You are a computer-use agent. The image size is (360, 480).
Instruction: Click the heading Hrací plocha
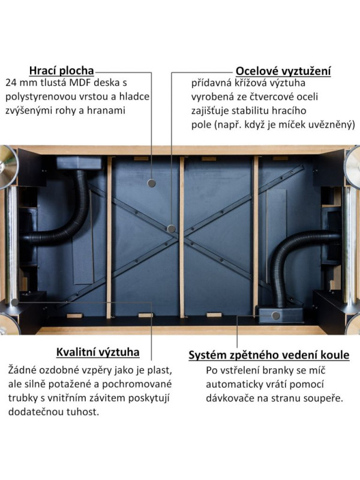(x=62, y=70)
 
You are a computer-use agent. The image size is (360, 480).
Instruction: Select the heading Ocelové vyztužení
(x=283, y=71)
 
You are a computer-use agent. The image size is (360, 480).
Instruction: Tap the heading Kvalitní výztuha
(x=98, y=352)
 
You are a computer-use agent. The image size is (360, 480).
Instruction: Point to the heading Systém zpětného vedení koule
(x=269, y=355)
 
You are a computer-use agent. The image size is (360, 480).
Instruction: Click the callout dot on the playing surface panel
(x=152, y=184)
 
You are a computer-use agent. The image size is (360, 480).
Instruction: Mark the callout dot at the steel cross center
(x=172, y=229)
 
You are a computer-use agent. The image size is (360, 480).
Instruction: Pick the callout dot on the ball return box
(x=275, y=316)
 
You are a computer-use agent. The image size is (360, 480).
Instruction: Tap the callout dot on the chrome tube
(x=14, y=302)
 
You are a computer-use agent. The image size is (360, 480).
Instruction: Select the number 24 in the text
(x=11, y=83)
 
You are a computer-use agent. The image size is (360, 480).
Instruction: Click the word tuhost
(x=83, y=412)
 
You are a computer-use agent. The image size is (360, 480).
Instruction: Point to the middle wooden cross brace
(x=182, y=237)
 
